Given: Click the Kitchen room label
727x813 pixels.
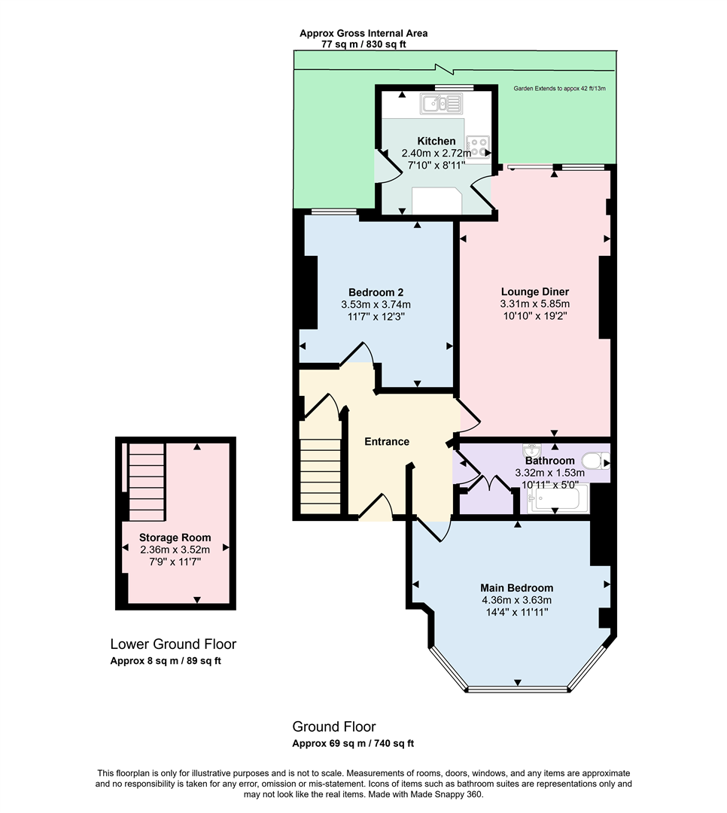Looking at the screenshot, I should coord(436,141).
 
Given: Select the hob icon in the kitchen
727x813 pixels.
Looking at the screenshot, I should coord(477,145).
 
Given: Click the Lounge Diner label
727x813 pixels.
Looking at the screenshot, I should coord(534,291).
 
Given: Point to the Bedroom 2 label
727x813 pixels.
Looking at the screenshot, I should coord(376,292).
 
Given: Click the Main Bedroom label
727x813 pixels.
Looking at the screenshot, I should coord(516,588).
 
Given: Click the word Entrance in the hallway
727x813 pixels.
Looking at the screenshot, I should coord(386,441).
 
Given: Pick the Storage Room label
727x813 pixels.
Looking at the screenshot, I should coord(175,537).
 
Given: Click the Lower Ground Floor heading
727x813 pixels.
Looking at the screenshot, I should coord(173,644).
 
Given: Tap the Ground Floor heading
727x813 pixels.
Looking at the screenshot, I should coord(333,726).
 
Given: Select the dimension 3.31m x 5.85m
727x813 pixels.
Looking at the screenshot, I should coord(534,304).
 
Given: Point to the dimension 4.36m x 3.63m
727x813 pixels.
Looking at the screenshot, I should coord(516,601).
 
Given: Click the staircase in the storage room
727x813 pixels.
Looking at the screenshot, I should coord(146,482).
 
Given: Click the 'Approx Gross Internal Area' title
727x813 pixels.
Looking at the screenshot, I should coord(363,33).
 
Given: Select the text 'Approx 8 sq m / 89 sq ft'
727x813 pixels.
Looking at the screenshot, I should coord(166,661).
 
